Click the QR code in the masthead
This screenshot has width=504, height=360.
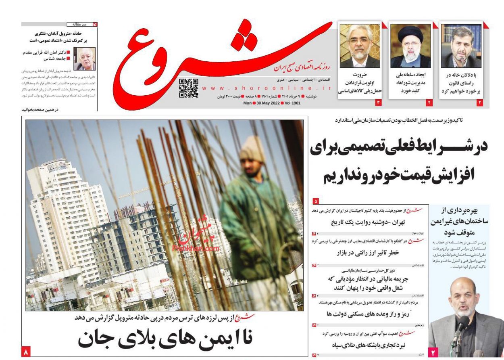click(188, 88)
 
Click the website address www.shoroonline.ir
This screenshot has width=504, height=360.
click(266, 88)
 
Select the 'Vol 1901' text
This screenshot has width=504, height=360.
click(292, 103)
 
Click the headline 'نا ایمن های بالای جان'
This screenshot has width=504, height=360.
click(165, 338)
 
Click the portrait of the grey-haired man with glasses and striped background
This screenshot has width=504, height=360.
click(360, 46)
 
